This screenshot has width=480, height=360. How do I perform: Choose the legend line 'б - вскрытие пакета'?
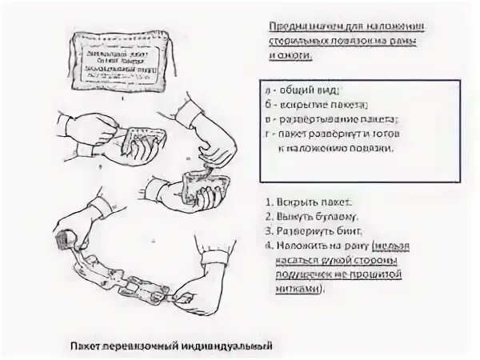pyautogui.click(x=318, y=105)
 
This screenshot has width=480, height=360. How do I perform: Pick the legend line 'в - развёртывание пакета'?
pyautogui.click(x=328, y=119)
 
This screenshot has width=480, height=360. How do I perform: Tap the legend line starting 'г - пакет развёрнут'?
pyautogui.click(x=336, y=134)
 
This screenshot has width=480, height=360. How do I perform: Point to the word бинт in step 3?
pyautogui.click(x=346, y=232)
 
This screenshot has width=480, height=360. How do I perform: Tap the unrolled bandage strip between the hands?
pyautogui.click(x=128, y=276)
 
